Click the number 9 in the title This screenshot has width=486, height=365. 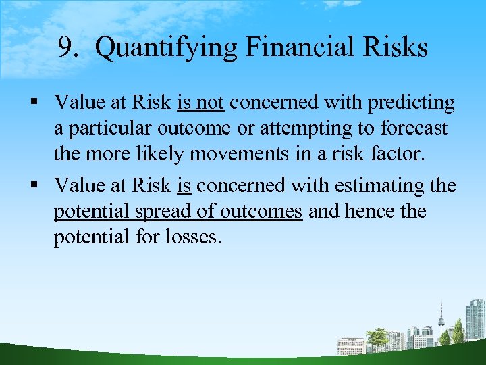(x=65, y=47)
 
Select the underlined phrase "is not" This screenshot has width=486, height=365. (x=200, y=103)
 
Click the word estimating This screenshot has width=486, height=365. (x=377, y=185)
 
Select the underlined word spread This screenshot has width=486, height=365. (x=161, y=212)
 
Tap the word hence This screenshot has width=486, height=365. (x=375, y=211)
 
